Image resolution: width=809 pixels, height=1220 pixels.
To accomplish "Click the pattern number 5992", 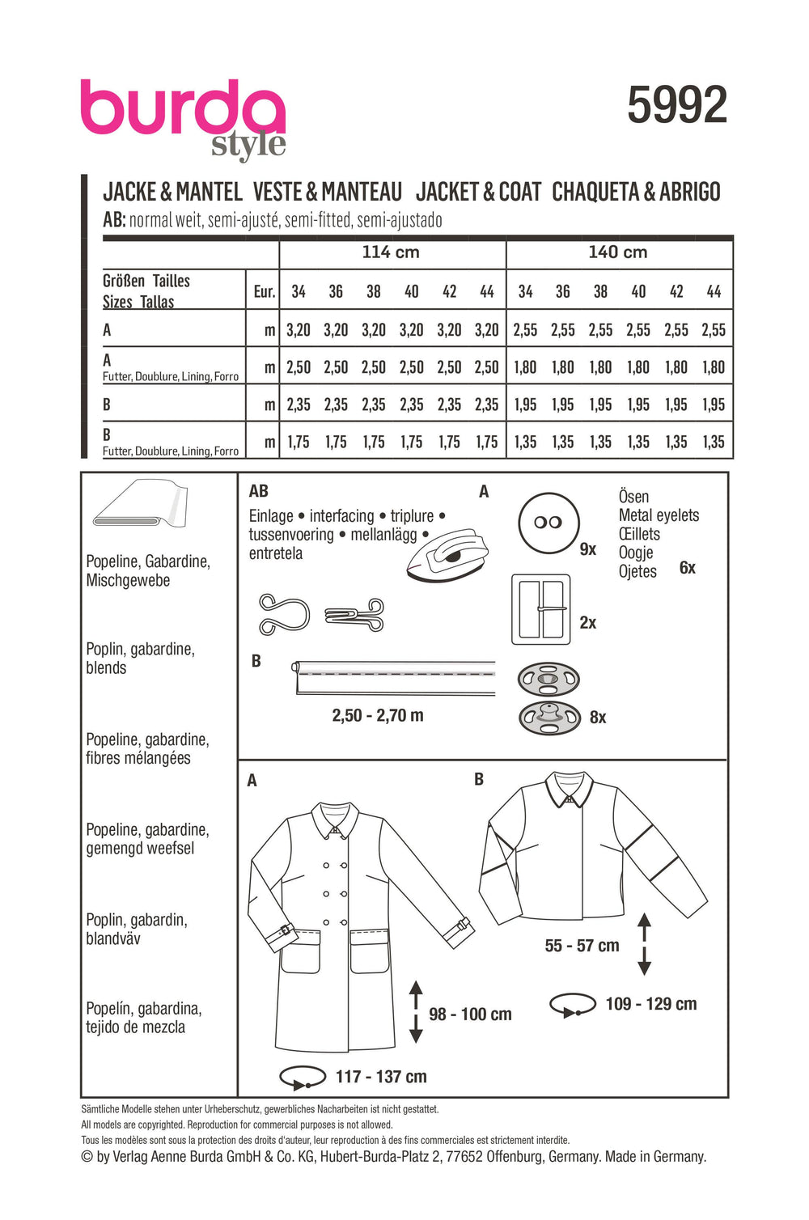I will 677,106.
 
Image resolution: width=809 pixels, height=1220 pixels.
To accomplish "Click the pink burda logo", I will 183,109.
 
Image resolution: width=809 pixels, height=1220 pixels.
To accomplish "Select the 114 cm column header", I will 391,252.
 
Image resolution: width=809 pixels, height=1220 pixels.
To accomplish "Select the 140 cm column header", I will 618,252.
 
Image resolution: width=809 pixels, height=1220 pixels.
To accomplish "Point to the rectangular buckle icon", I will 541,610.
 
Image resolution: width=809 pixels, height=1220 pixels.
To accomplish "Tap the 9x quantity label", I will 588,549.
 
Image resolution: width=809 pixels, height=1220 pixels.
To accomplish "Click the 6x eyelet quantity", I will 687,568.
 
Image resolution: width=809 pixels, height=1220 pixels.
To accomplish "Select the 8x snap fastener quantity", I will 598,717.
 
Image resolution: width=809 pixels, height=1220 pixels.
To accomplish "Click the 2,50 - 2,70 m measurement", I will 378,715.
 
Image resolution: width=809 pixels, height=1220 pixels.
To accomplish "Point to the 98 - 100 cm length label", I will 470,1015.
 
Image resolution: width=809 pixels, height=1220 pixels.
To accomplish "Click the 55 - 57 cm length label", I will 582,946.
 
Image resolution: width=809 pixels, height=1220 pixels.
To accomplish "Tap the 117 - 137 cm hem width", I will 381,1077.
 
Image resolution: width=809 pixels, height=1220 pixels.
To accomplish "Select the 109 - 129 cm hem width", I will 650,1004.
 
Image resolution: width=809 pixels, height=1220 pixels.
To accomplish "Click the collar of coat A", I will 339,818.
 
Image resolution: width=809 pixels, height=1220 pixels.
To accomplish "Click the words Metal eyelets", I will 659,515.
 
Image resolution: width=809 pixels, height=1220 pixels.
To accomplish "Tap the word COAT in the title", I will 519,193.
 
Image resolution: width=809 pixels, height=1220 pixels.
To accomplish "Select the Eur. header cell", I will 264,291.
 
